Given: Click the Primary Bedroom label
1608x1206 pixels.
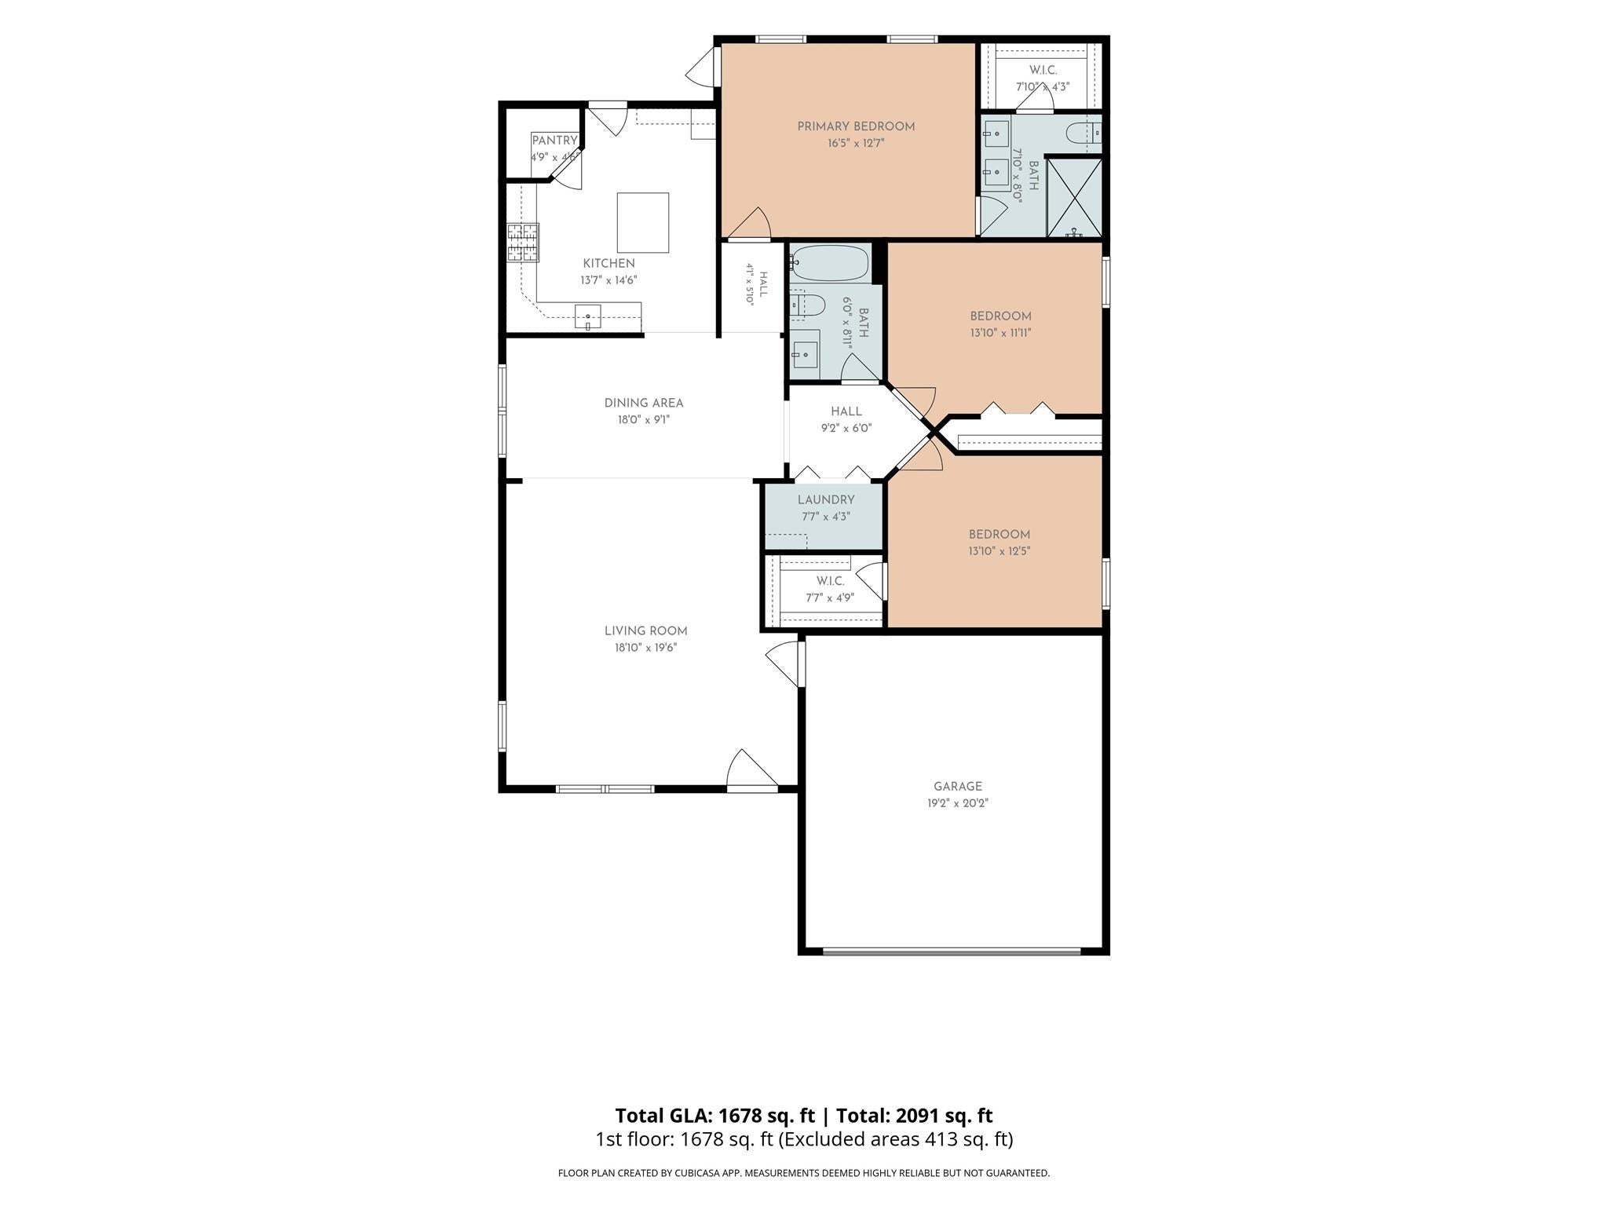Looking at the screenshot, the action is tap(856, 126).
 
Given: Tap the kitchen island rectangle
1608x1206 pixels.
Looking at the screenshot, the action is tap(643, 223).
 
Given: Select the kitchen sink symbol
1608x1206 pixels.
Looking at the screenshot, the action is tap(588, 316).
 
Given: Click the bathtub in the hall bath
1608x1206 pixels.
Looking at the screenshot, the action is tap(830, 263).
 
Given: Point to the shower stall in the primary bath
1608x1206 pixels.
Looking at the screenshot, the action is tap(1074, 197).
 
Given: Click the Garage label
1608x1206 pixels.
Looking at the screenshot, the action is tap(958, 786).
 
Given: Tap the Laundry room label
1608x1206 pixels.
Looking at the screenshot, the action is tap(826, 500).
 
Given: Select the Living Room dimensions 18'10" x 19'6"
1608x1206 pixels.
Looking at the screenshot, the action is tap(645, 648).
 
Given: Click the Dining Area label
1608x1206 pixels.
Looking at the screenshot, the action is tap(644, 403).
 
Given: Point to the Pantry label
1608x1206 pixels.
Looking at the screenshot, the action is tap(554, 141).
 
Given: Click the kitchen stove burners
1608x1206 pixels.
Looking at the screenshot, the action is tap(524, 243).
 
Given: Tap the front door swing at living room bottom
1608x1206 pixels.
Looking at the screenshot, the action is tap(751, 769).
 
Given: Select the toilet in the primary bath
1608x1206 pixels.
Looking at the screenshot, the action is tap(1084, 133).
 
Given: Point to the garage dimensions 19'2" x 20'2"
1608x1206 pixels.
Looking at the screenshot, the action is tap(958, 803).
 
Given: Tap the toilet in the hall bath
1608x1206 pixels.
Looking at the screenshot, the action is tap(806, 305).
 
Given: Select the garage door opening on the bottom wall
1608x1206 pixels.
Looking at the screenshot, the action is tap(952, 951).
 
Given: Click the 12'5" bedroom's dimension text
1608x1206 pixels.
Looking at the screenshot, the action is tap(999, 551).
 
